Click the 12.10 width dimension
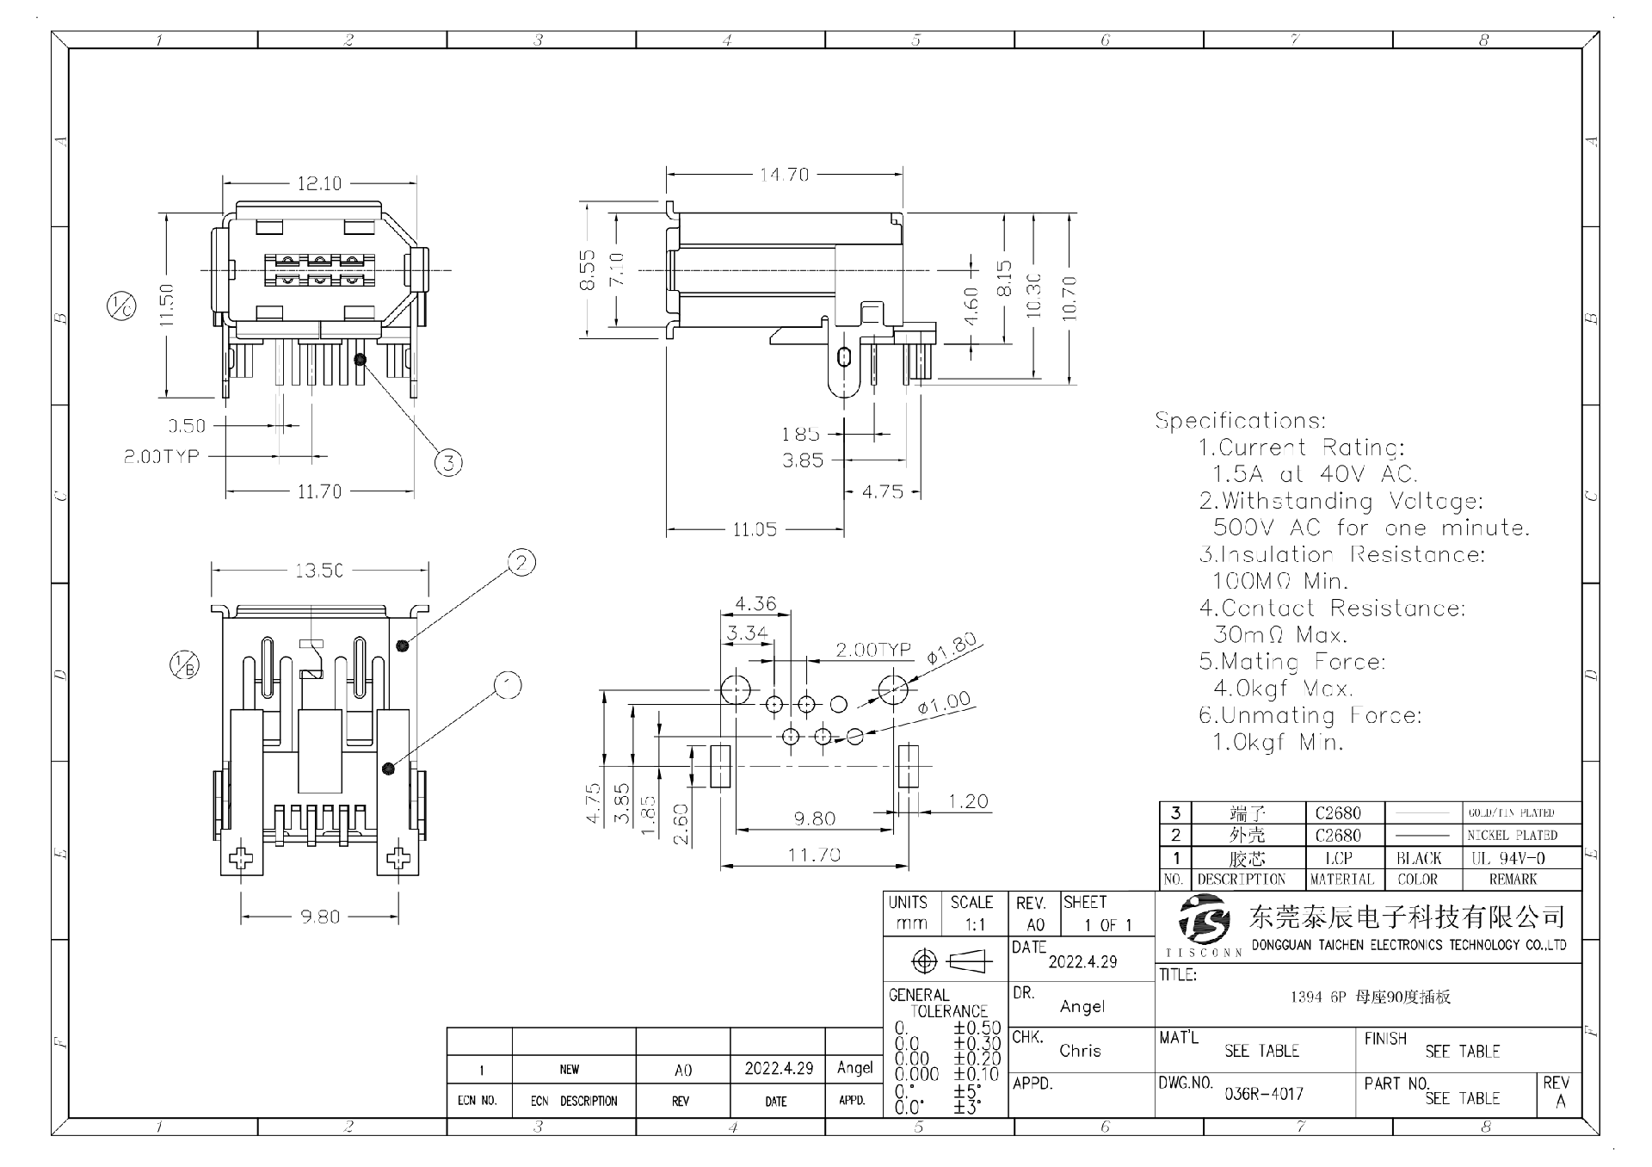coord(319,183)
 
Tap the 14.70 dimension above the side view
coord(784,175)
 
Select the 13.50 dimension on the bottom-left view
coord(319,571)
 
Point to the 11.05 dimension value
coord(755,529)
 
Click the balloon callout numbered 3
coord(448,463)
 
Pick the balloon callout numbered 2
coord(521,563)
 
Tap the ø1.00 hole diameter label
coord(944,703)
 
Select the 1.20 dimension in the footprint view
coord(968,802)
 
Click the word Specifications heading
coord(1240,421)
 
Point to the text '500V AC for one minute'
coord(1372,528)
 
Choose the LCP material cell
coord(1339,858)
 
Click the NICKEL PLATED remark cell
coord(1513,835)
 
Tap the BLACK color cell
coord(1419,858)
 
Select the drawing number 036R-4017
coord(1264,1094)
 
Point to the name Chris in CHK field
coord(1080,1051)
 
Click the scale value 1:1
coord(975,925)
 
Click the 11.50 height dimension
coord(167,305)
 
